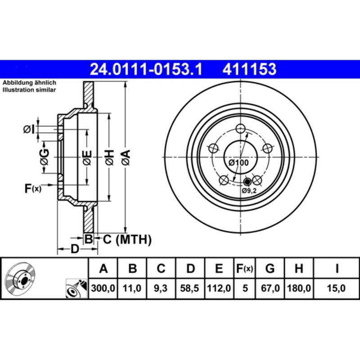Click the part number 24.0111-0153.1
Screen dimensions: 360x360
click(146, 70)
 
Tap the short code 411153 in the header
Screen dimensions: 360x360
click(248, 70)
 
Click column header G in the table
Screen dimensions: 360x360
click(270, 269)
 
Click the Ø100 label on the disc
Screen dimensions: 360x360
click(238, 162)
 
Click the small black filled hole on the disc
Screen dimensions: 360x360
click(247, 182)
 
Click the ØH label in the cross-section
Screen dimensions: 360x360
click(109, 157)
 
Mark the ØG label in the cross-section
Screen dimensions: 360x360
click(44, 157)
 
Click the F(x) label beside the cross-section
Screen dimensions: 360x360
click(32, 189)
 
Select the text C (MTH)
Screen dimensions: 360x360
click(127, 239)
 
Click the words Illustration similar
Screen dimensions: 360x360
click(29, 90)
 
